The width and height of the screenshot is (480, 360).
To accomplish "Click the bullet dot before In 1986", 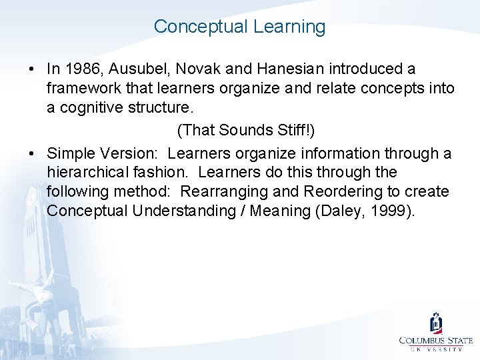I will [32, 69].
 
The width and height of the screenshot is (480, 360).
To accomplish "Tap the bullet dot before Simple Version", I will [32, 154].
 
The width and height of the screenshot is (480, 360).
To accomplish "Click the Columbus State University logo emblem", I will [436, 324].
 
